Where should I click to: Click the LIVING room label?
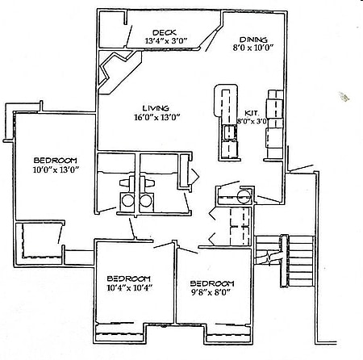(x=155, y=107)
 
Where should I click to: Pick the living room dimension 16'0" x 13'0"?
(x=156, y=117)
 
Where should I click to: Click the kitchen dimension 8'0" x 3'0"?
(x=251, y=121)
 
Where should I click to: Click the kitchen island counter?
(x=224, y=121)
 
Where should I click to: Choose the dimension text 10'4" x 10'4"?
(x=130, y=287)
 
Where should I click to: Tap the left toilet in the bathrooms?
(x=127, y=199)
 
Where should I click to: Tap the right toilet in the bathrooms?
(x=145, y=199)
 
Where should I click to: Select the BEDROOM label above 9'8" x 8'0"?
(x=211, y=283)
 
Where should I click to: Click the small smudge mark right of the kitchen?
(x=346, y=98)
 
